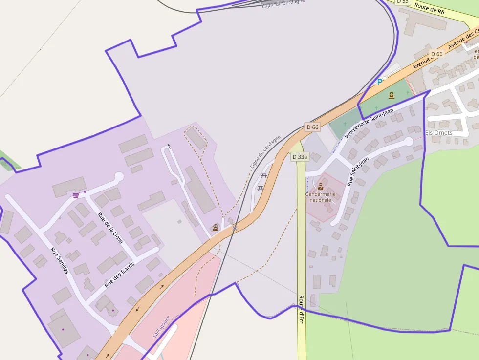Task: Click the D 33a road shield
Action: [x=300, y=157]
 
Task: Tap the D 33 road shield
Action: [x=402, y=1]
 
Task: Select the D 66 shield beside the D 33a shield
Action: [x=312, y=127]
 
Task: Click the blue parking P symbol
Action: [x=379, y=82]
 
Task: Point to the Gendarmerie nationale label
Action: [x=321, y=197]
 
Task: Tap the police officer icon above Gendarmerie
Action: [x=321, y=187]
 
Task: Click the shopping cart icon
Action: [x=76, y=195]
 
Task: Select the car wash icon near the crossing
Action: [x=215, y=228]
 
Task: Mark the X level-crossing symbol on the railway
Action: [x=235, y=228]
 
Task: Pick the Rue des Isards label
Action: [x=119, y=273]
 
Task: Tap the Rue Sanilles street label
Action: [x=60, y=260]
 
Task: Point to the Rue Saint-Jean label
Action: [x=358, y=171]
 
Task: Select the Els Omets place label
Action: [x=438, y=132]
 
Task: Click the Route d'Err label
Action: [x=301, y=309]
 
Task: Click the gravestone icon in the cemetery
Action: [x=392, y=95]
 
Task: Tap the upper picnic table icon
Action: [x=264, y=175]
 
